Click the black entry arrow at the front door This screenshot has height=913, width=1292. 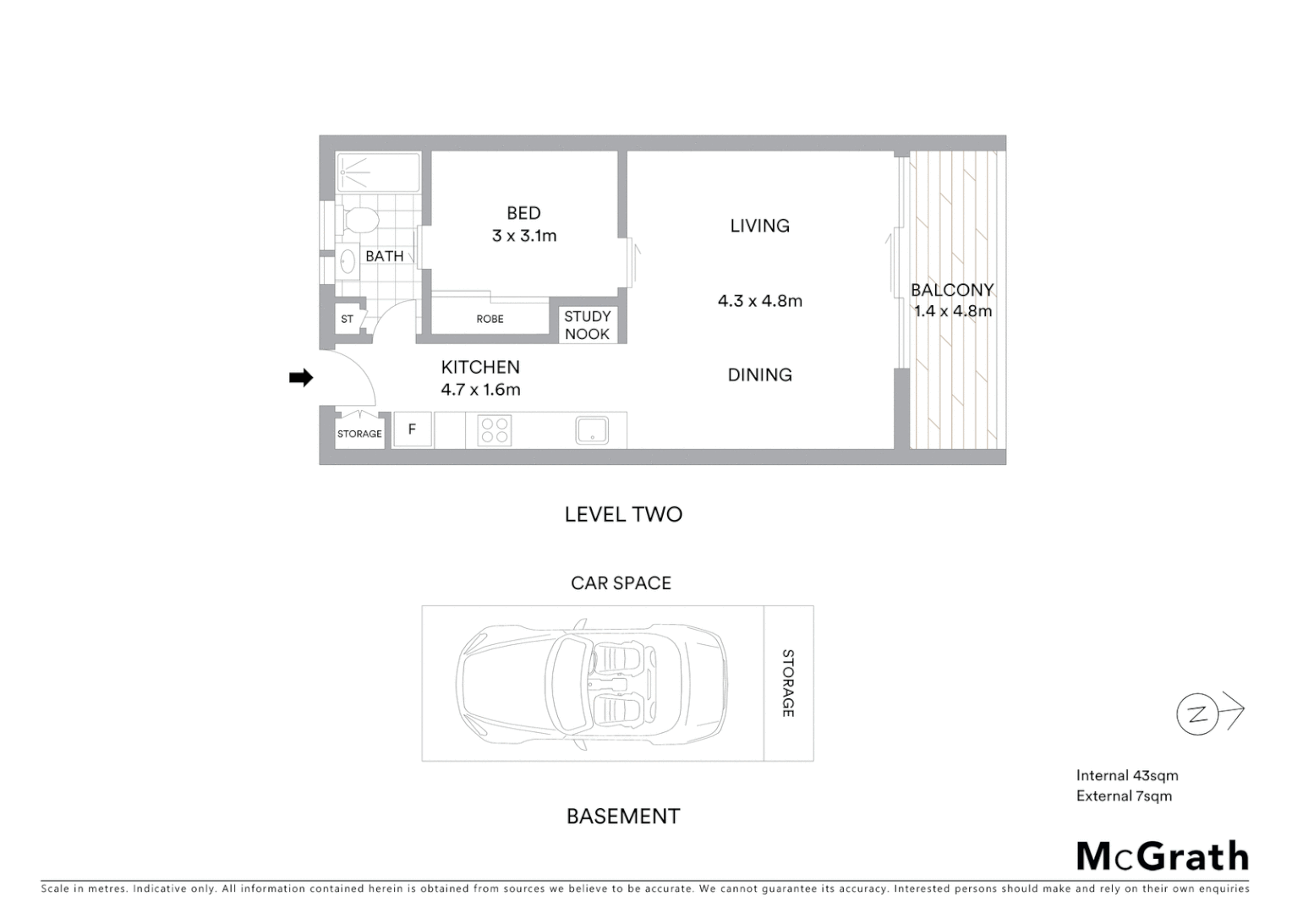(x=300, y=378)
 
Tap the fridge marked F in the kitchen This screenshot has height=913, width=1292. (x=413, y=429)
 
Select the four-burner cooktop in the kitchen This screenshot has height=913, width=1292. (x=494, y=430)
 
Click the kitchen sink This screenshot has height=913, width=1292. (x=592, y=430)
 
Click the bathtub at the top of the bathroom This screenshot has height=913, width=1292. (x=378, y=172)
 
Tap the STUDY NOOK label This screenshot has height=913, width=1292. (x=587, y=325)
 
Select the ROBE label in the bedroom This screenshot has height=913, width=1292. (x=490, y=319)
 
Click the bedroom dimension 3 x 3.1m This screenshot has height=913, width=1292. (x=524, y=236)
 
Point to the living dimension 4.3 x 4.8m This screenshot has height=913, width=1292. (x=759, y=301)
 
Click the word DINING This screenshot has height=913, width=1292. (x=759, y=374)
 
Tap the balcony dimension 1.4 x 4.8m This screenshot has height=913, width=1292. (x=952, y=311)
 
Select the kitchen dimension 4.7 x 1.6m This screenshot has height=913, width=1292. (x=480, y=390)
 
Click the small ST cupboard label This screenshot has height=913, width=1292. (x=347, y=320)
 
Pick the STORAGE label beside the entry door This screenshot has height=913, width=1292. (x=359, y=434)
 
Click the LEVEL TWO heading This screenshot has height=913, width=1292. (x=623, y=514)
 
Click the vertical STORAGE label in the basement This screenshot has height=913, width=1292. (x=787, y=683)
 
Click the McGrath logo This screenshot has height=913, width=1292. (x=1162, y=856)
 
